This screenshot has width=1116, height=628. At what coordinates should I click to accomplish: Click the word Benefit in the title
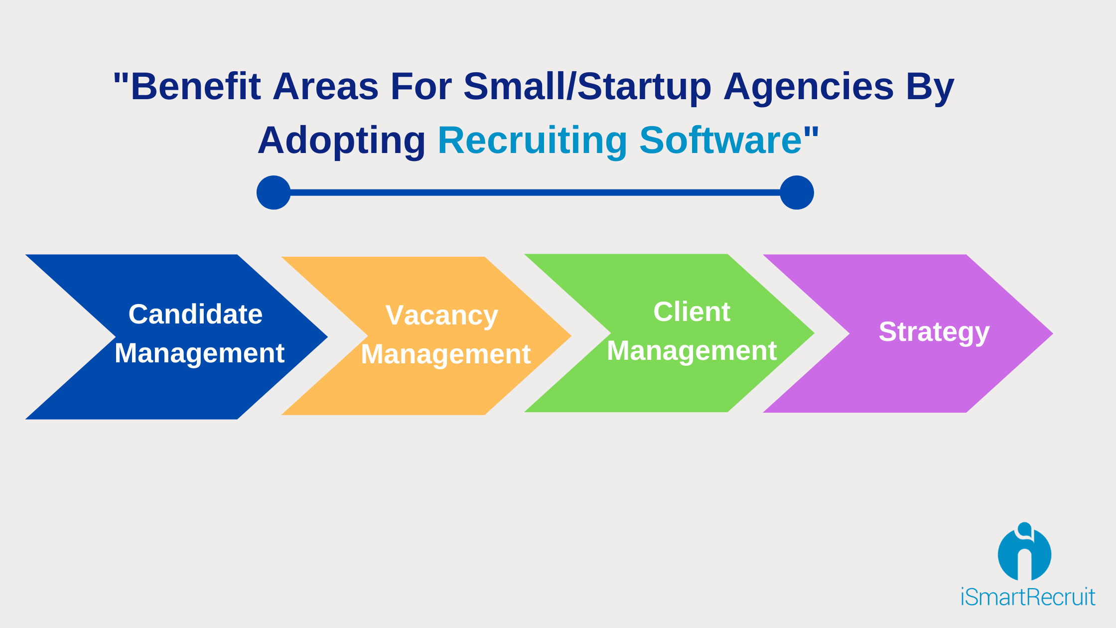click(x=195, y=86)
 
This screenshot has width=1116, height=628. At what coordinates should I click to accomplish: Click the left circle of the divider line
click(x=274, y=192)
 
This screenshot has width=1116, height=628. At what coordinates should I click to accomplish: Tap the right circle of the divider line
click(x=797, y=192)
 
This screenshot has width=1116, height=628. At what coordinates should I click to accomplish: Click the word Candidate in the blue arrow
click(x=195, y=314)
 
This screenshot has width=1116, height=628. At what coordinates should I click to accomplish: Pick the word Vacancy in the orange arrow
click(x=441, y=316)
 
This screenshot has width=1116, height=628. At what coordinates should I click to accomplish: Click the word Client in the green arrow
click(x=692, y=312)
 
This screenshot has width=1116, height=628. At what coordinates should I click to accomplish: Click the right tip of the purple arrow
click(x=1053, y=333)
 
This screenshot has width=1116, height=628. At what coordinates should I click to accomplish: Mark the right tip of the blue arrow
click(x=327, y=337)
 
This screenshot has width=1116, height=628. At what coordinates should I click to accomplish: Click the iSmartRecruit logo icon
click(x=1024, y=551)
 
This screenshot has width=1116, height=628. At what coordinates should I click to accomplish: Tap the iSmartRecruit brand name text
click(x=1028, y=597)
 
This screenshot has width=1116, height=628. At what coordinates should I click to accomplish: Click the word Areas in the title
click(x=326, y=86)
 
